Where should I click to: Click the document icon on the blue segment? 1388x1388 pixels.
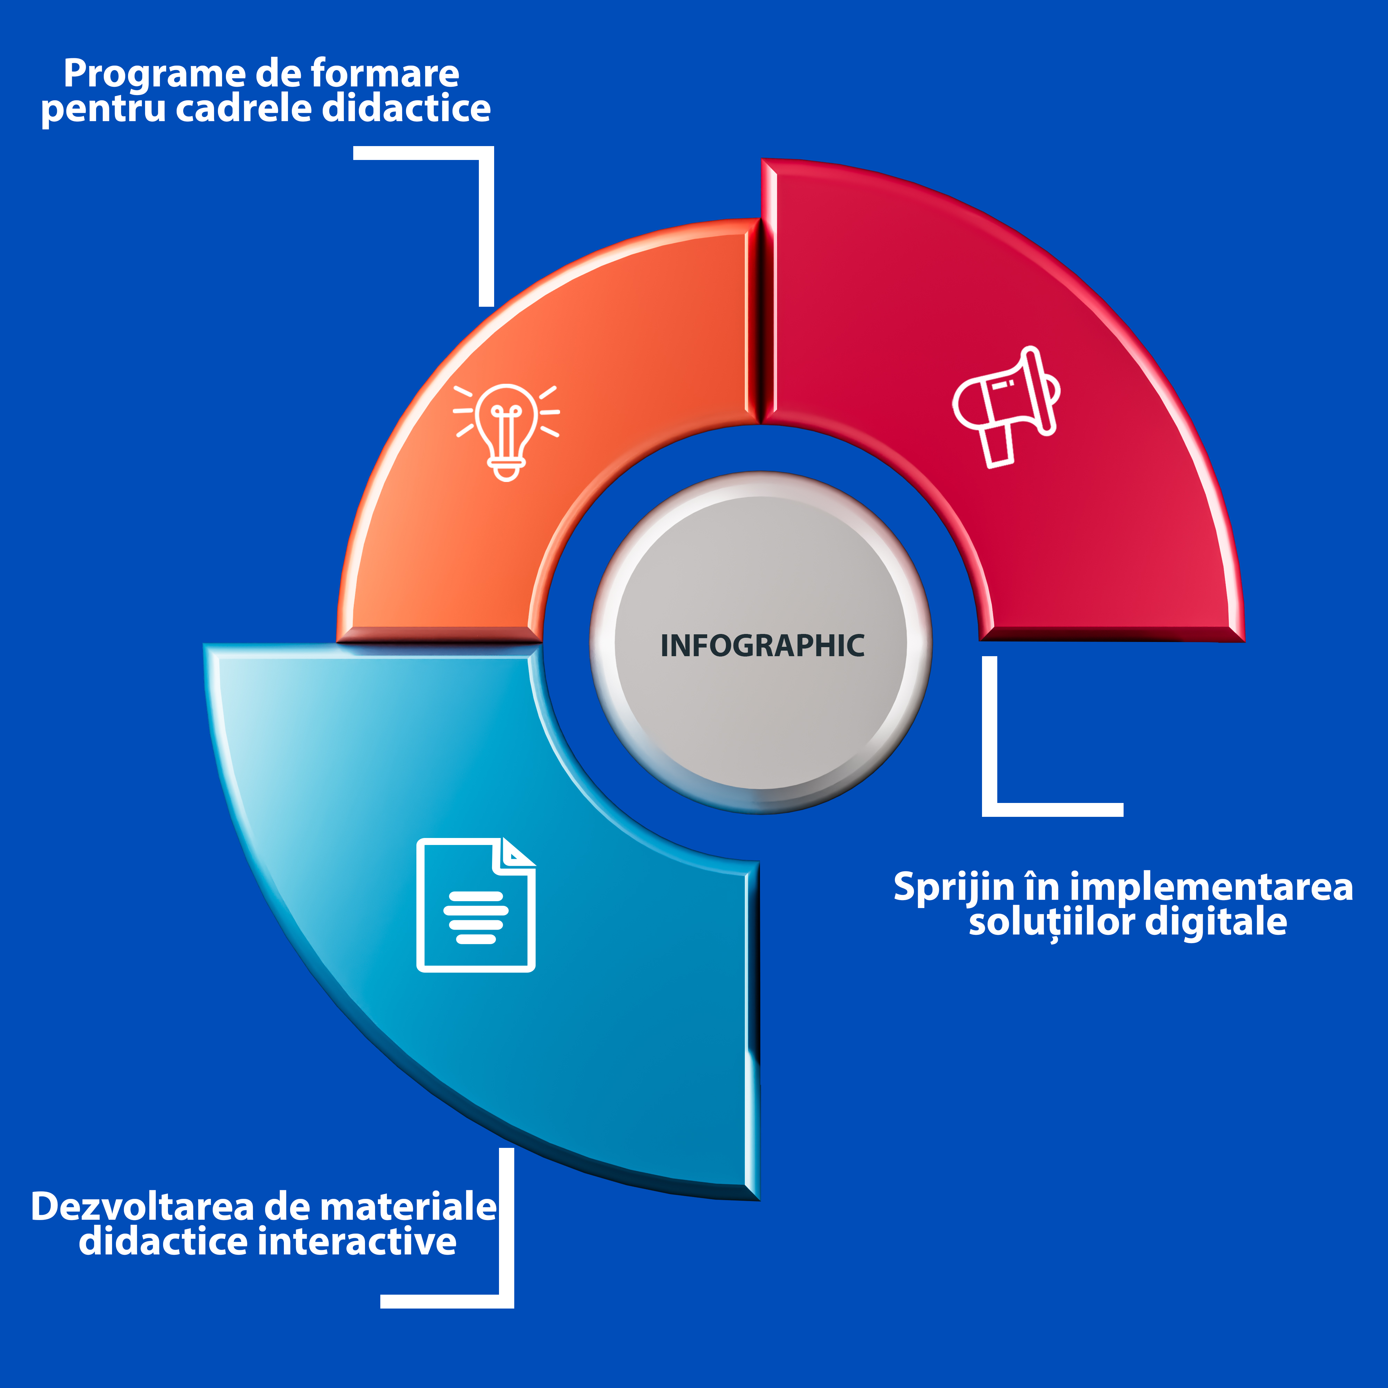[476, 905]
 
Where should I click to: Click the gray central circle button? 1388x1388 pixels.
[761, 643]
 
